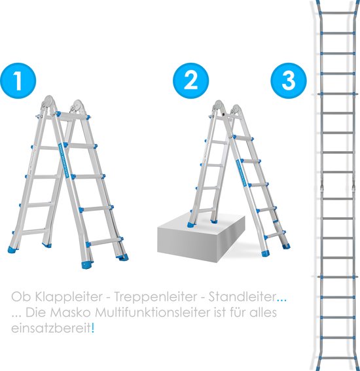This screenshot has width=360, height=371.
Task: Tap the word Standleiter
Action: (x=238, y=296)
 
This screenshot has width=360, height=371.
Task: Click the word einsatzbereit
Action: (x=51, y=329)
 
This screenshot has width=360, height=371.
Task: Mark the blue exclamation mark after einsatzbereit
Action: (x=93, y=328)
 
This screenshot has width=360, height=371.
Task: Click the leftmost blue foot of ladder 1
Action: (x=14, y=250)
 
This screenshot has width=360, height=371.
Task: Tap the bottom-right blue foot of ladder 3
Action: (x=356, y=363)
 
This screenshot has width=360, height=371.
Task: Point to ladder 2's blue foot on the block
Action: (x=191, y=226)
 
